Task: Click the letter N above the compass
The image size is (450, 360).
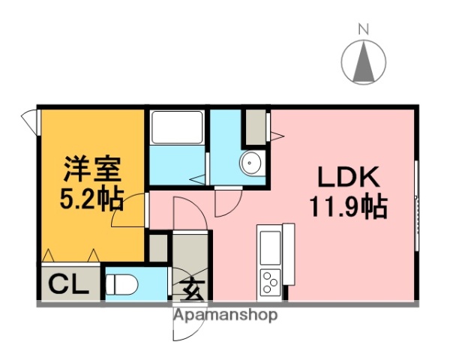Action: click(363, 29)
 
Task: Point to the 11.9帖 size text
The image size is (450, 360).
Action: click(349, 205)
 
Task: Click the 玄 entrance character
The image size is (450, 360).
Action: click(191, 289)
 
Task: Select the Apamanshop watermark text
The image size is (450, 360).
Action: click(225, 314)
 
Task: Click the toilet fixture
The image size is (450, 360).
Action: click(120, 285)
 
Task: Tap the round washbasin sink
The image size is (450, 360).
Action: click(250, 163)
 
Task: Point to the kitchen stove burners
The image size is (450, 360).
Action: click(269, 282)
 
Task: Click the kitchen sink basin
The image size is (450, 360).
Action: click(269, 244)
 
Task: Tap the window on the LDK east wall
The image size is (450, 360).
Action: click(417, 199)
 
